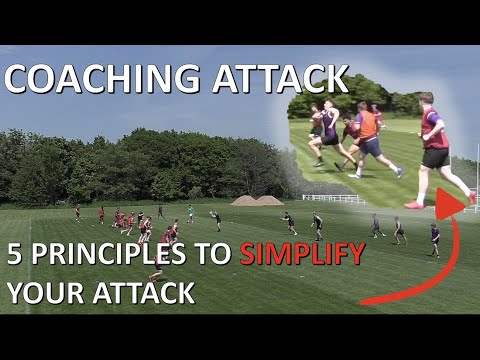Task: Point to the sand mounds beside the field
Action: click(x=257, y=200)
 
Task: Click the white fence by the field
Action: click(x=334, y=198)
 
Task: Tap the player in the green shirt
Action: click(x=190, y=212)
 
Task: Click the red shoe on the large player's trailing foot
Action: click(x=414, y=204)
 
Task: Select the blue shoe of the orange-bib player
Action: click(x=399, y=172)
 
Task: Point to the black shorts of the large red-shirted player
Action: click(x=436, y=157)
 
